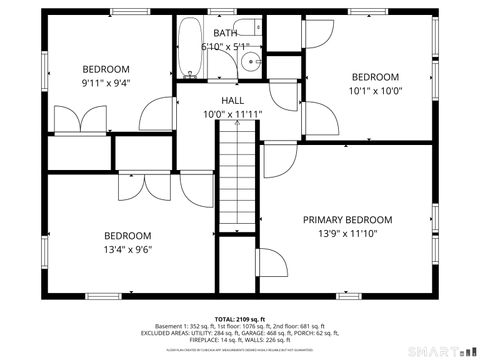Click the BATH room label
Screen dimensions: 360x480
[x=225, y=33]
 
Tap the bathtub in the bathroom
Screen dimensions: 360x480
[x=190, y=48]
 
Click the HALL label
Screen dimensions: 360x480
[x=232, y=101]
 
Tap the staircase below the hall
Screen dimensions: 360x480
[x=237, y=186]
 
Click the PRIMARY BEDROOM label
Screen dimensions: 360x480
[x=348, y=220]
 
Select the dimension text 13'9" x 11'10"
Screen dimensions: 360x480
[x=348, y=235]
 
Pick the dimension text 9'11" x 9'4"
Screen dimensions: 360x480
[x=106, y=84]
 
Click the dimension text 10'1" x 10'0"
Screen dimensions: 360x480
[x=375, y=90]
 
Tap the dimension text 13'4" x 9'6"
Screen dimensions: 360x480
[x=128, y=251]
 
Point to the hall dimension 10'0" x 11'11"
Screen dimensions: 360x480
[x=232, y=114]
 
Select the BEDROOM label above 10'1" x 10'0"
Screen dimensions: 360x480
[x=375, y=77]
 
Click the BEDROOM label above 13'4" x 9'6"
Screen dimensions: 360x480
[x=128, y=236]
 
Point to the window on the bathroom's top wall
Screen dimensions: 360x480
[x=217, y=12]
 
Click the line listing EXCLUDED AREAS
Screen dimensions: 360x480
[x=240, y=333]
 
